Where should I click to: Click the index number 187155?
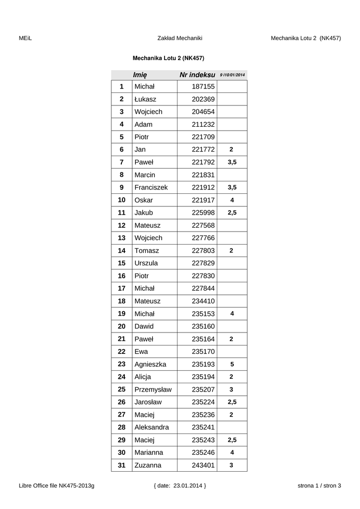[203, 87]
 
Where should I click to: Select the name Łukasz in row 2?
[145, 99]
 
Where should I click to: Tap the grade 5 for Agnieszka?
[231, 364]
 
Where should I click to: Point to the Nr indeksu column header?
[197, 75]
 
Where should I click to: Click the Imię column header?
[140, 75]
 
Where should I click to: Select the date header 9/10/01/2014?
[232, 75]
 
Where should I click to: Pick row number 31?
[122, 465]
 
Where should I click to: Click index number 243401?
[203, 465]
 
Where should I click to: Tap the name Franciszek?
[151, 187]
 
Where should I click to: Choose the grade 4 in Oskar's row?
[232, 200]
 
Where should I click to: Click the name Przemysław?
[153, 390]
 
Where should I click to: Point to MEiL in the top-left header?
[25, 38]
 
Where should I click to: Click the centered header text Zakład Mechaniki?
[180, 38]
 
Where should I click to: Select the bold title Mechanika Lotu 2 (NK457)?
[168, 58]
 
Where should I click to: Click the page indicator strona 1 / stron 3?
[319, 486]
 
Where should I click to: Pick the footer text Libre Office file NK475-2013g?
[56, 486]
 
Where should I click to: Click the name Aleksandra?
[152, 427]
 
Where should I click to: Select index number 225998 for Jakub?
[203, 213]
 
